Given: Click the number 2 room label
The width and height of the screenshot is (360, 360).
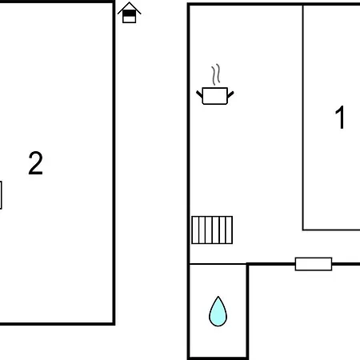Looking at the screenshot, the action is coord(35,163).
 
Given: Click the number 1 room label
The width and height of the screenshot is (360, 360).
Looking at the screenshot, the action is coord(340,118).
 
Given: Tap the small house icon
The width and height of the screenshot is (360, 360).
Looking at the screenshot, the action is coord(130,13).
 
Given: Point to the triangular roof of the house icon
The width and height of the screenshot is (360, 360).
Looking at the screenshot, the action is coord(130,6).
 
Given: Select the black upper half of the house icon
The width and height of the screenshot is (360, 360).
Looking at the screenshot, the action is coord(130,14).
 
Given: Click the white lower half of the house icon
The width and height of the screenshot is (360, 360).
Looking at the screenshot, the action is coord(130,19).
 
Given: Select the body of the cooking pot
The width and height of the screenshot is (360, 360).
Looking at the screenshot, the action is coord(215,96).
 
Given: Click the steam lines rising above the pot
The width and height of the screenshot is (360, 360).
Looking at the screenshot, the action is coord(216,74).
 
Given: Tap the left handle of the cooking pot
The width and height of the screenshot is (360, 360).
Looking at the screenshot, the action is coord(199,94).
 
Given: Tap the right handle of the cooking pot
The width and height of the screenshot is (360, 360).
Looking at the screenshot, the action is coord(230,94).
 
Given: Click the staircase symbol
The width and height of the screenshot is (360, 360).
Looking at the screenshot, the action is coord(212,230).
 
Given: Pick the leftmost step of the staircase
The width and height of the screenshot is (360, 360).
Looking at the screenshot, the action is coord(195,230).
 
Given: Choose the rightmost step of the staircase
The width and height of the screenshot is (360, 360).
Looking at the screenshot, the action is coord(230,230).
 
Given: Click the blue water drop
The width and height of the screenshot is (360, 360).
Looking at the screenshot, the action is coord(218,311).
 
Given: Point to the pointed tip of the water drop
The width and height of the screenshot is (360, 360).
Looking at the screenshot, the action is coord(218,297).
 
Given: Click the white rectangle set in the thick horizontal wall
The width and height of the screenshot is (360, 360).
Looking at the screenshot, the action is coord(314,264).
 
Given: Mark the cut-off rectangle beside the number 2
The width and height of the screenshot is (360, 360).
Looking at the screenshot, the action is coord(1,195).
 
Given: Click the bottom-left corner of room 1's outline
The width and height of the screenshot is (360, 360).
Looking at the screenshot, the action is coord(303,230).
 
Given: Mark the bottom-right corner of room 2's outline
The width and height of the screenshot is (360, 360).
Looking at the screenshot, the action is coord(114,324).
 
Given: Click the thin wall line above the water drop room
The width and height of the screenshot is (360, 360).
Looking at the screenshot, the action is coord(218,264).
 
